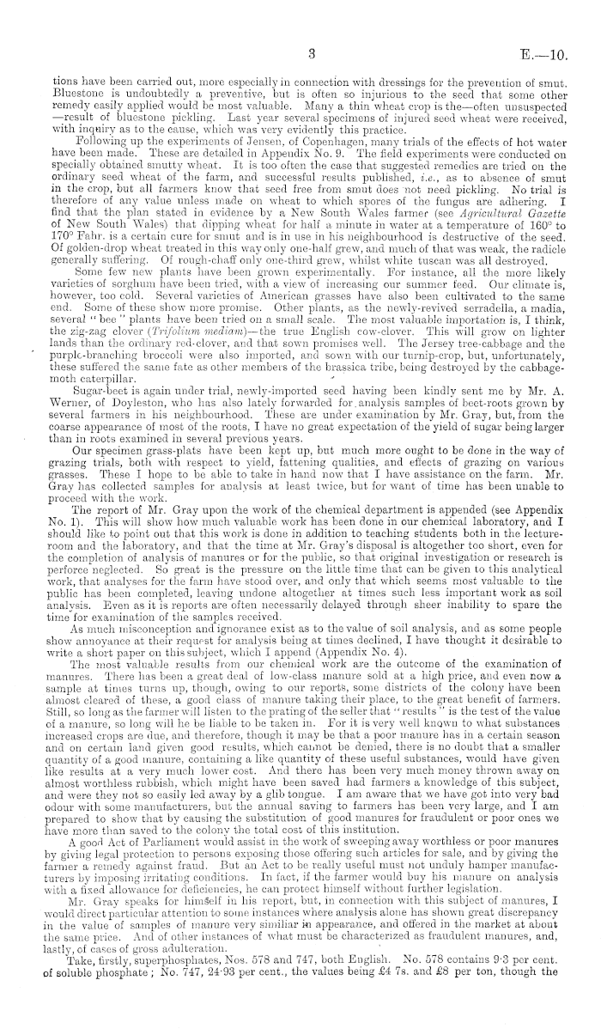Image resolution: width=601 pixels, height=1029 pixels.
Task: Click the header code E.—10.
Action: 544,53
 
